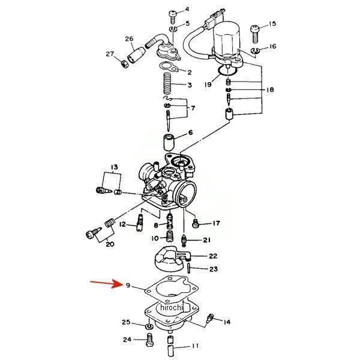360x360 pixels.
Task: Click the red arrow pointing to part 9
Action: [103, 283]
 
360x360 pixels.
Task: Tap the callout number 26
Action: [129, 40]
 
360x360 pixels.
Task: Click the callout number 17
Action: [216, 224]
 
